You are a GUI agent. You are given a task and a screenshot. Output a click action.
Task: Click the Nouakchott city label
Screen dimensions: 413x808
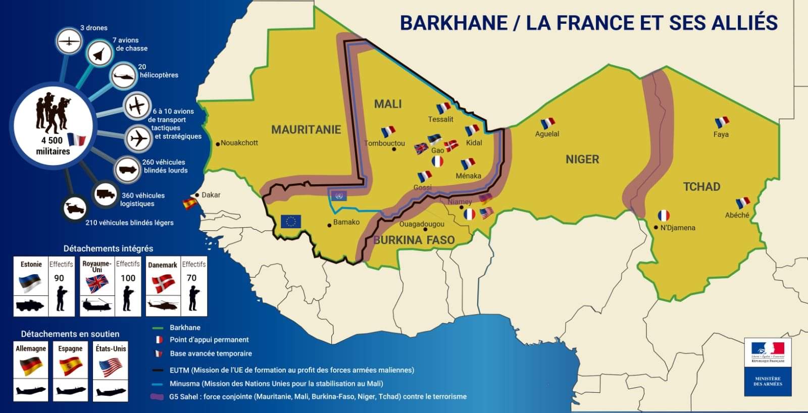pos(239,143)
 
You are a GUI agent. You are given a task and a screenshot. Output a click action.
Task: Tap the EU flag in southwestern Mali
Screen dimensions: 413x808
pos(291,222)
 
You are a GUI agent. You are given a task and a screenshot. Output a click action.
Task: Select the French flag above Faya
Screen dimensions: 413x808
pos(722,123)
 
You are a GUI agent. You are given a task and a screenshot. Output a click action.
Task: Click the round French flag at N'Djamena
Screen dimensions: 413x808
pos(664,216)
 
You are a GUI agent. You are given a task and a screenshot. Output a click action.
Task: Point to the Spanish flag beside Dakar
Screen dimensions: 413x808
pos(190,203)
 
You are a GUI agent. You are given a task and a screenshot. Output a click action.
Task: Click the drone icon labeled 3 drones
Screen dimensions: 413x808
pos(69,41)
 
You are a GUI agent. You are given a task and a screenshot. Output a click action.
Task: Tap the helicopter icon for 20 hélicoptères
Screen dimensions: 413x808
pos(123,77)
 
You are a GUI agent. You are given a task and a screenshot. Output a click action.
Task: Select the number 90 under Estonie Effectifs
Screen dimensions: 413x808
pos(59,278)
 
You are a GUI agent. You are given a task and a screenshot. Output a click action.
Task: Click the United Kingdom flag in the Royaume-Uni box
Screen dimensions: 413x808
pos(97,284)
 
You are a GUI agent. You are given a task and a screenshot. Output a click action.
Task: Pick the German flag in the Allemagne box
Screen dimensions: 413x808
pos(30,366)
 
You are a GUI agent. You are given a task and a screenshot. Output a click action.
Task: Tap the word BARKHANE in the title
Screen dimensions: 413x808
pos(453,23)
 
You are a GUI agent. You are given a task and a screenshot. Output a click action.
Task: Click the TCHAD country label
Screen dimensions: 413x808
pos(701,187)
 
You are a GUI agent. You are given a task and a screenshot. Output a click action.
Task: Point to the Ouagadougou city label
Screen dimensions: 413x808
pos(422,224)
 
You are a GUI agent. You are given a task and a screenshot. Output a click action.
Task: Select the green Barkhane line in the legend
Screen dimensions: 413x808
pos(158,328)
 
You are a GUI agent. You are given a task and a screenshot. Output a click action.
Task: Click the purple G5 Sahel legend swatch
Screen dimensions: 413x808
pos(158,397)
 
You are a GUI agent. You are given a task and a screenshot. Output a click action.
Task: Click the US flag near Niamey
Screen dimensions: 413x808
pos(486,213)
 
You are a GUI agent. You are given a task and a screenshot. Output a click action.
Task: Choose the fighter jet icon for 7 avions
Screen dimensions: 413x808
pos(99,53)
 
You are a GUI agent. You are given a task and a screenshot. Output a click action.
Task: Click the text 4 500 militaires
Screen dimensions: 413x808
pos(53,146)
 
